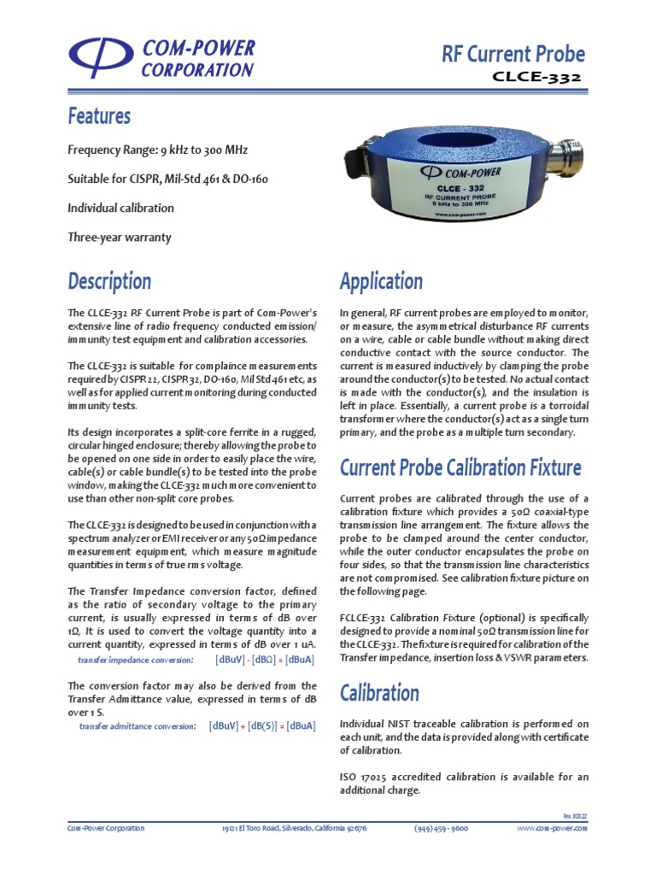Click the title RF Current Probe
[513, 54]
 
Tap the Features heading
[99, 115]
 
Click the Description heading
[109, 280]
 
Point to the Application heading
[381, 280]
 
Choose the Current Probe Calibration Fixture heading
[460, 467]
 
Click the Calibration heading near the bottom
[379, 691]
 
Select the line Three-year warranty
[120, 237]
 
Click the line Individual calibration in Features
[120, 208]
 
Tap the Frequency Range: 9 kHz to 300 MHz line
[157, 150]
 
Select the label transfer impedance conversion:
[135, 661]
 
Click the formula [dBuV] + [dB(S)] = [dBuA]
[262, 725]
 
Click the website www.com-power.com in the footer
[552, 828]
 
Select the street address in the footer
[294, 828]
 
